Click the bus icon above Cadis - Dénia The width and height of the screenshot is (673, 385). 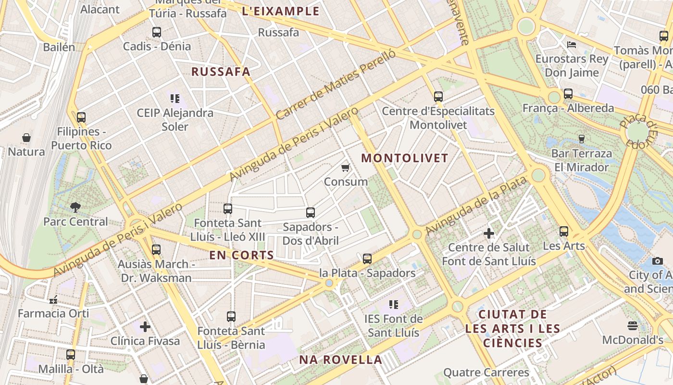click(157, 32)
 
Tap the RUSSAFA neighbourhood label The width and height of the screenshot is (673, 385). click(221, 72)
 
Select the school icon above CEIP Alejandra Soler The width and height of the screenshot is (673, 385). click(175, 99)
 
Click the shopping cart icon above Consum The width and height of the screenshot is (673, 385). click(345, 167)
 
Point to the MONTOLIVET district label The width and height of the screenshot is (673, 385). click(405, 158)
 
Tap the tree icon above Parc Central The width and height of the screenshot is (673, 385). click(75, 207)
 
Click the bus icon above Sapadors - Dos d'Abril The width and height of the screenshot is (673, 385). click(311, 212)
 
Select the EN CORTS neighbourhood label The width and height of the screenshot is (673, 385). click(241, 255)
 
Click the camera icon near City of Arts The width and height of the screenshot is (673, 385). click(658, 261)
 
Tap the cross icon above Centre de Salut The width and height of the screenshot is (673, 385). click(489, 233)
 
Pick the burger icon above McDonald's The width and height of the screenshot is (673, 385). click(633, 326)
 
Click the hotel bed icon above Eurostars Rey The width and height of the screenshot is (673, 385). click(572, 45)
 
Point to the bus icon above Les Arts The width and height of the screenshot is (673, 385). click(564, 231)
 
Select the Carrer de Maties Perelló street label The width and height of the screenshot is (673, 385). click(336, 85)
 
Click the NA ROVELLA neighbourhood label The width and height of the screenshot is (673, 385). click(340, 359)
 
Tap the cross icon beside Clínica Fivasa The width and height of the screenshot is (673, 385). click(145, 327)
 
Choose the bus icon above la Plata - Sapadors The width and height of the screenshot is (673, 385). click(367, 258)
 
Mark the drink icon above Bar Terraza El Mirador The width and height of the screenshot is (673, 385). click(582, 139)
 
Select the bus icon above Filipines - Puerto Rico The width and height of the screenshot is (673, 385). click(81, 117)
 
